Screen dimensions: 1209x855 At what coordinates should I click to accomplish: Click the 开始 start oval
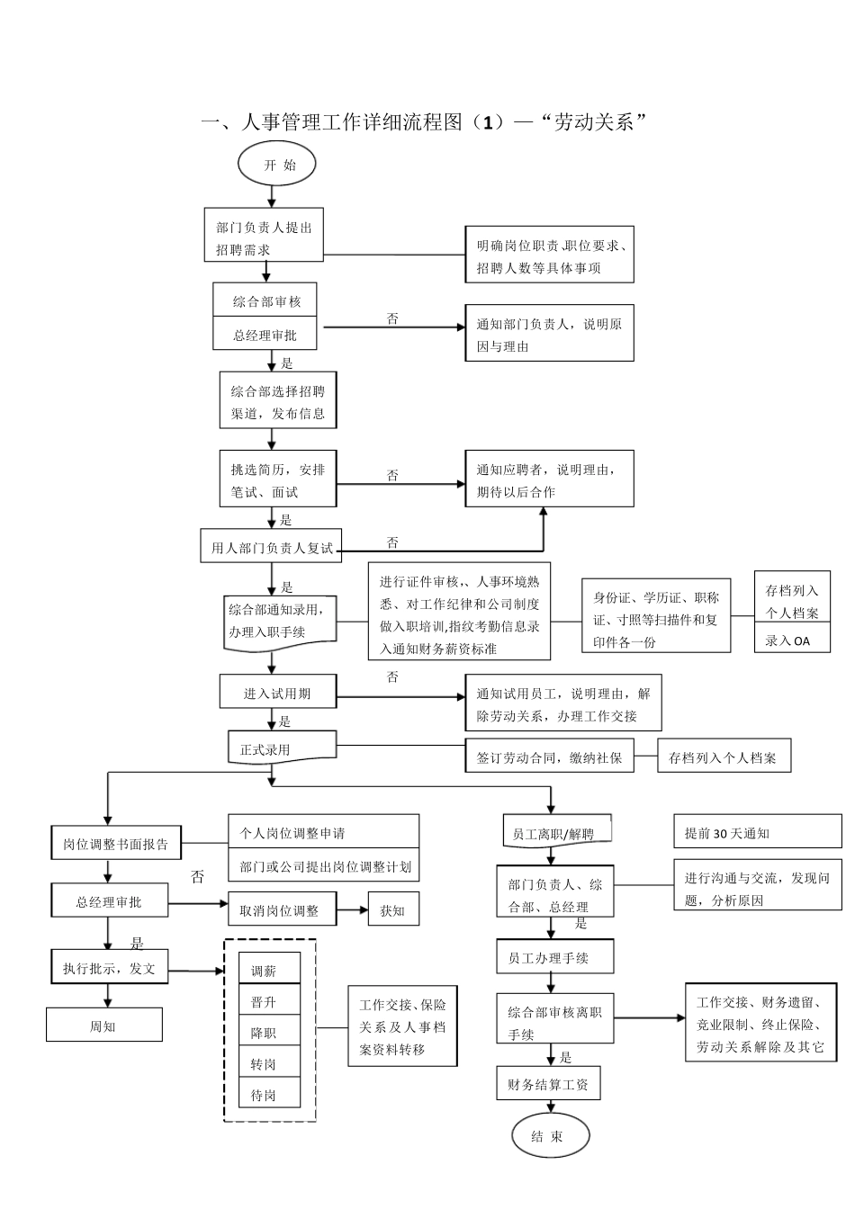point(278,165)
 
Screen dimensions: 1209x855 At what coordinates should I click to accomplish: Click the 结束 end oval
point(548,1136)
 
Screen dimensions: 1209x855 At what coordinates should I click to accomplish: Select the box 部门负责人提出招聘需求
point(263,237)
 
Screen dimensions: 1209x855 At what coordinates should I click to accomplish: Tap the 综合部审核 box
point(267,300)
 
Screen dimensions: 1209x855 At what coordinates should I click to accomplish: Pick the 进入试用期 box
point(277,693)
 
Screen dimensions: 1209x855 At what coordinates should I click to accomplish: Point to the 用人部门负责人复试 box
point(271,546)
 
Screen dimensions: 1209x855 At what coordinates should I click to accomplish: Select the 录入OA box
point(791,640)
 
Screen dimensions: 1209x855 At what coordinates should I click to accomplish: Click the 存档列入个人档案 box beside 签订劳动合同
point(724,757)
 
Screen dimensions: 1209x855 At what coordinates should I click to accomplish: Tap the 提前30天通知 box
point(757,833)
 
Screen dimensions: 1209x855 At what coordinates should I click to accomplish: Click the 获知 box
point(393,910)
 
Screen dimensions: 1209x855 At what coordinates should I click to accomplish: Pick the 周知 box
point(104,1025)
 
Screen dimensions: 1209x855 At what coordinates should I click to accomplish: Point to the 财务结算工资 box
point(548,1084)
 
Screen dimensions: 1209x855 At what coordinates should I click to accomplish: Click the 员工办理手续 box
point(554,957)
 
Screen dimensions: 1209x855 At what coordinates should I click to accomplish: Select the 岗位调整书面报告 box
point(115,844)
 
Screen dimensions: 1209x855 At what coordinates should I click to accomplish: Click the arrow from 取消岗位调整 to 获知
point(352,910)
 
